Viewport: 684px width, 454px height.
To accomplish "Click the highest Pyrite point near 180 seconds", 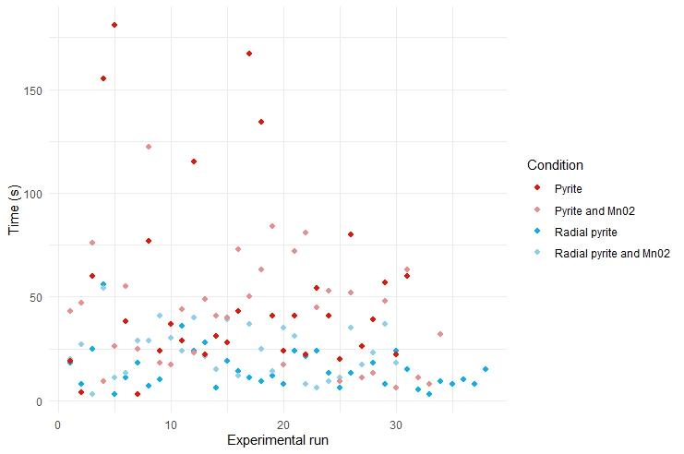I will click(114, 25).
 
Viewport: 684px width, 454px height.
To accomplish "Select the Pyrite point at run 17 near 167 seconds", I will click(249, 54).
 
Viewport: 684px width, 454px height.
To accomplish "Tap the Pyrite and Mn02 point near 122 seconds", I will click(148, 147).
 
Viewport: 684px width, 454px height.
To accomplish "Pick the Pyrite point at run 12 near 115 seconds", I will click(193, 161).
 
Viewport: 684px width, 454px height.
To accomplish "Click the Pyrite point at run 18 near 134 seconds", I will click(261, 122).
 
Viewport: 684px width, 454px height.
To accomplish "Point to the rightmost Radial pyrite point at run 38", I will click(486, 369).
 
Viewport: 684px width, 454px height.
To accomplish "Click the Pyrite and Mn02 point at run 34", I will click(440, 334).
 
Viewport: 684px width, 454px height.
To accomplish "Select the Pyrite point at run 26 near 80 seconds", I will click(351, 234).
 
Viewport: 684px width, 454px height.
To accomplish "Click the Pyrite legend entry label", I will click(569, 189).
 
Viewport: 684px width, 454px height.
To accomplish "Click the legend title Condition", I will click(555, 165).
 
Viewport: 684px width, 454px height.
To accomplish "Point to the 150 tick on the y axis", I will click(38, 90).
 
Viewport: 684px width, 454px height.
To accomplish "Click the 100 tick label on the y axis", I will click(38, 194).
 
